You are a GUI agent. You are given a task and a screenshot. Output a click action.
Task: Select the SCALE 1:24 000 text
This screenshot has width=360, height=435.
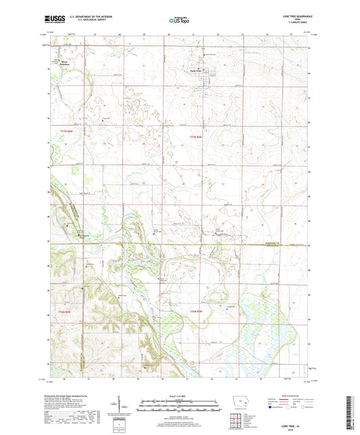(179, 397)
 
